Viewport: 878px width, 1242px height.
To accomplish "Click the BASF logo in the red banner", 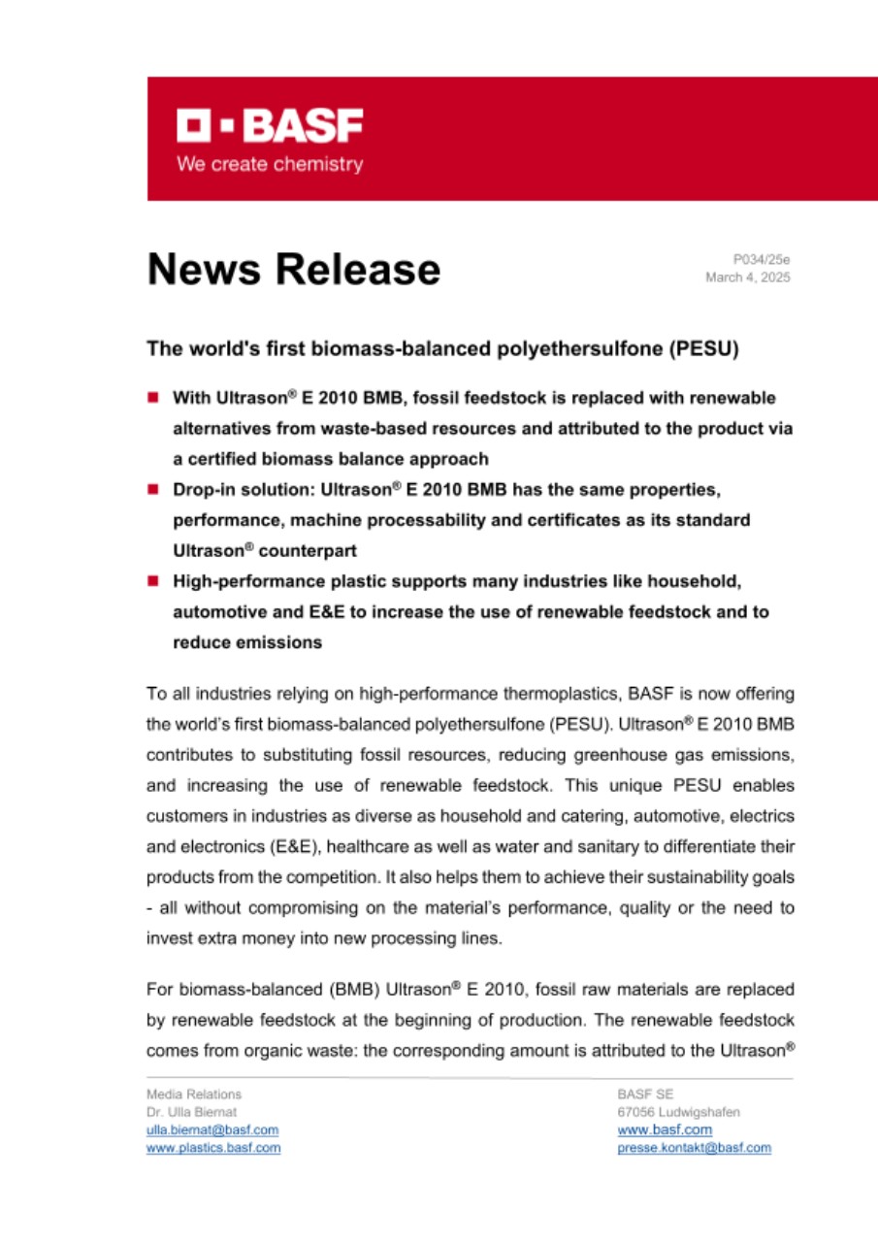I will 269,126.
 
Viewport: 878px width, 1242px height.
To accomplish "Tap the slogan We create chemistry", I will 269,164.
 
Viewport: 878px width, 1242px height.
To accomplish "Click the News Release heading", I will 293,269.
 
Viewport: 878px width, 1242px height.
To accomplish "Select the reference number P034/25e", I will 762,259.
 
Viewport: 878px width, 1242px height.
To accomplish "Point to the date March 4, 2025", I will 748,278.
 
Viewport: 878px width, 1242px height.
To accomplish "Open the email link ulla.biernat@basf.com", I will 211,1129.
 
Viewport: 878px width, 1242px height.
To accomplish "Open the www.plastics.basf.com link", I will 212,1147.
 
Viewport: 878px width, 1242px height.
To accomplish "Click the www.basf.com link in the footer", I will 665,1129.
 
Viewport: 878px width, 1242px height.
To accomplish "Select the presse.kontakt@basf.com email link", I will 694,1147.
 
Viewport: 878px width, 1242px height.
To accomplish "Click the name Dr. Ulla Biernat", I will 190,1112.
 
